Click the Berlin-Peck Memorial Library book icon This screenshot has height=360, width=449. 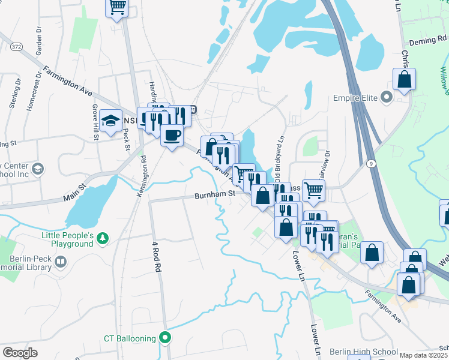[x=60, y=262]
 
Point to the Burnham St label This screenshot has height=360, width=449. [x=214, y=195]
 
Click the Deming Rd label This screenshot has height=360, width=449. [x=427, y=42]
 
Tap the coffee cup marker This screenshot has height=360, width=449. [x=172, y=135]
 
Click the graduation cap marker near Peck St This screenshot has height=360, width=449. [x=111, y=120]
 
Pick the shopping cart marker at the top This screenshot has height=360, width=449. [x=117, y=8]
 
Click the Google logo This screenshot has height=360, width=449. [x=19, y=353]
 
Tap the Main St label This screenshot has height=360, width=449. [x=74, y=195]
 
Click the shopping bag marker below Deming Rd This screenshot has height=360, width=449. [x=405, y=79]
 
